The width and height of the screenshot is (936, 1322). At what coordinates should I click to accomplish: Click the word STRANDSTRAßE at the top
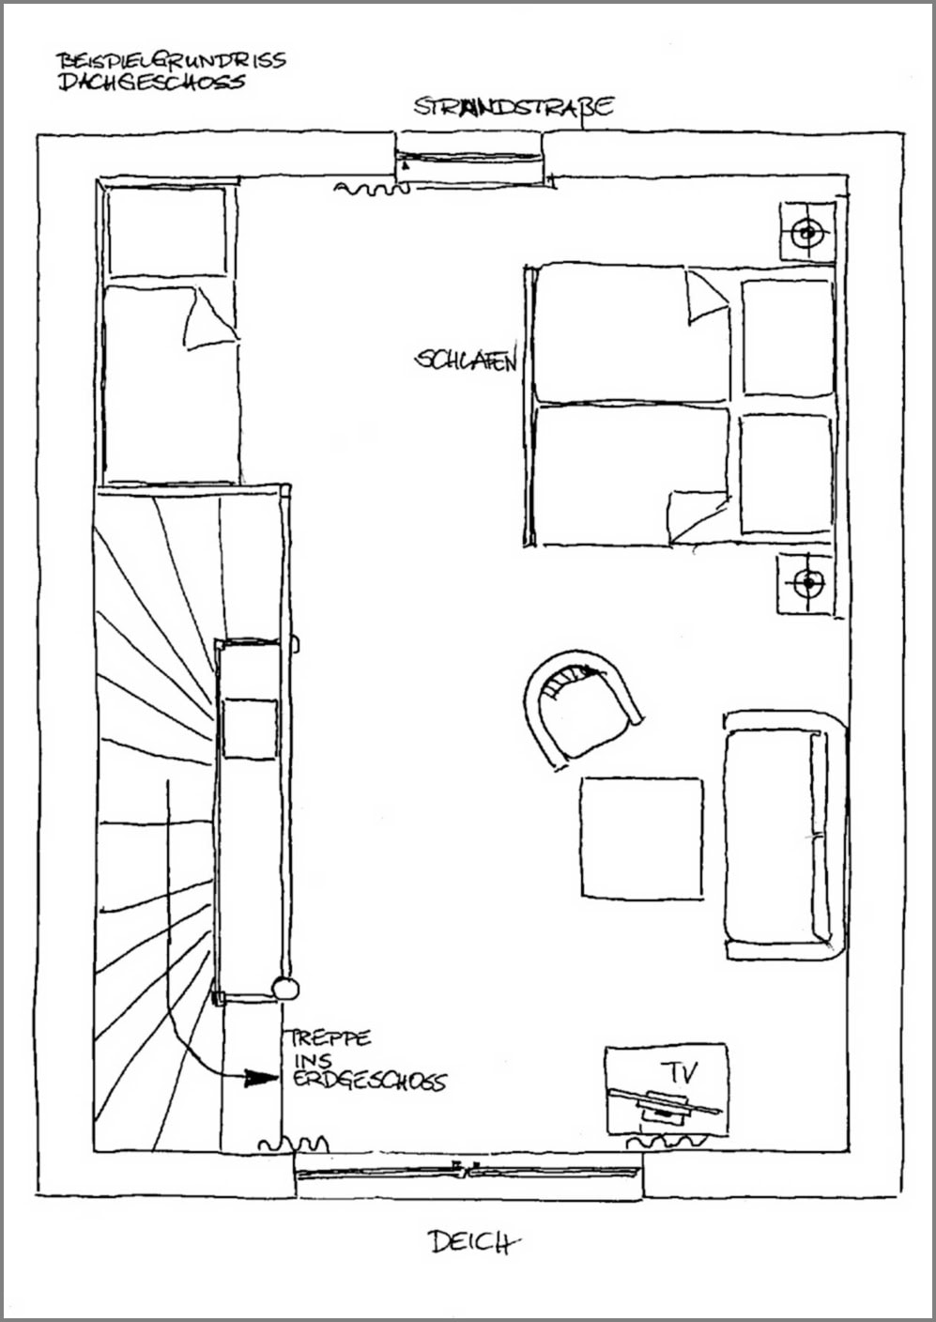coord(514,107)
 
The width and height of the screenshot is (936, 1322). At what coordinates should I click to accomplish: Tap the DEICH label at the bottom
coord(475,1242)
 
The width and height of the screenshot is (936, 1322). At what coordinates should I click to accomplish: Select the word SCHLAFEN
coord(466,360)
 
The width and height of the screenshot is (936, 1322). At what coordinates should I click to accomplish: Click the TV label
coord(679,1072)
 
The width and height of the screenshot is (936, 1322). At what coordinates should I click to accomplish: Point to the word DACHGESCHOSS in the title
coord(152,82)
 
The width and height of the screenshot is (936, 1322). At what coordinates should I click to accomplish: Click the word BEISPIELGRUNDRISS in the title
coord(171,60)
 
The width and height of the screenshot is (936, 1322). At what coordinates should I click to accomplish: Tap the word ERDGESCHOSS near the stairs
coord(370,1080)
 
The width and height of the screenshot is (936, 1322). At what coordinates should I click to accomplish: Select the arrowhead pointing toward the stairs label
coord(260,1078)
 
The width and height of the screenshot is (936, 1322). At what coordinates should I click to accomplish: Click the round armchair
coord(581,708)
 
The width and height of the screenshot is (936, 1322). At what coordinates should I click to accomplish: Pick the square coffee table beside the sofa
coord(641,838)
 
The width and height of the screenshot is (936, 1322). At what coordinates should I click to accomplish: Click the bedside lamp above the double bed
coord(808,231)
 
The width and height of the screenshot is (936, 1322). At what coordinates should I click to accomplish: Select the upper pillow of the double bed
coord(788,338)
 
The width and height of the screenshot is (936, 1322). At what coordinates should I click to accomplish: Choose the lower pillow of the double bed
coord(786,473)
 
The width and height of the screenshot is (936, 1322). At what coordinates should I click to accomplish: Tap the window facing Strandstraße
coord(469,157)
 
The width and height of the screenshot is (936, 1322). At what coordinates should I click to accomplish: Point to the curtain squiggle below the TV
coord(667,1142)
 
